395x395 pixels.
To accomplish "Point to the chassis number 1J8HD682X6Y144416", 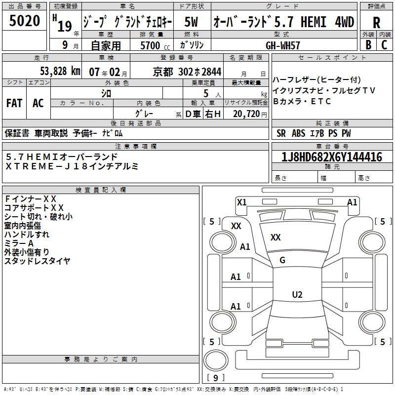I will coord(332,157).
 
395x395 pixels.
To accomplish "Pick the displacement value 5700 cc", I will coord(151,45).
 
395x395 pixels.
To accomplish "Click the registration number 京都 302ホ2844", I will coord(188,71).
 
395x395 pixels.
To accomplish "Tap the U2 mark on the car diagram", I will coord(297,295).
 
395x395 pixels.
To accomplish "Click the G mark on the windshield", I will coord(282,260).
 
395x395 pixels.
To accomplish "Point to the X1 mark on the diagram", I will coord(241,202).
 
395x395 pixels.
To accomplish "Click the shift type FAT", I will coord(14,103).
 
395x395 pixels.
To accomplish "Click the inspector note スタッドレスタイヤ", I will coord(38,261).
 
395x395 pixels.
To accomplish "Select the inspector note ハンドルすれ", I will coord(27,234).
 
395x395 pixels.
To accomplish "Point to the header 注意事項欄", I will coord(136,146).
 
